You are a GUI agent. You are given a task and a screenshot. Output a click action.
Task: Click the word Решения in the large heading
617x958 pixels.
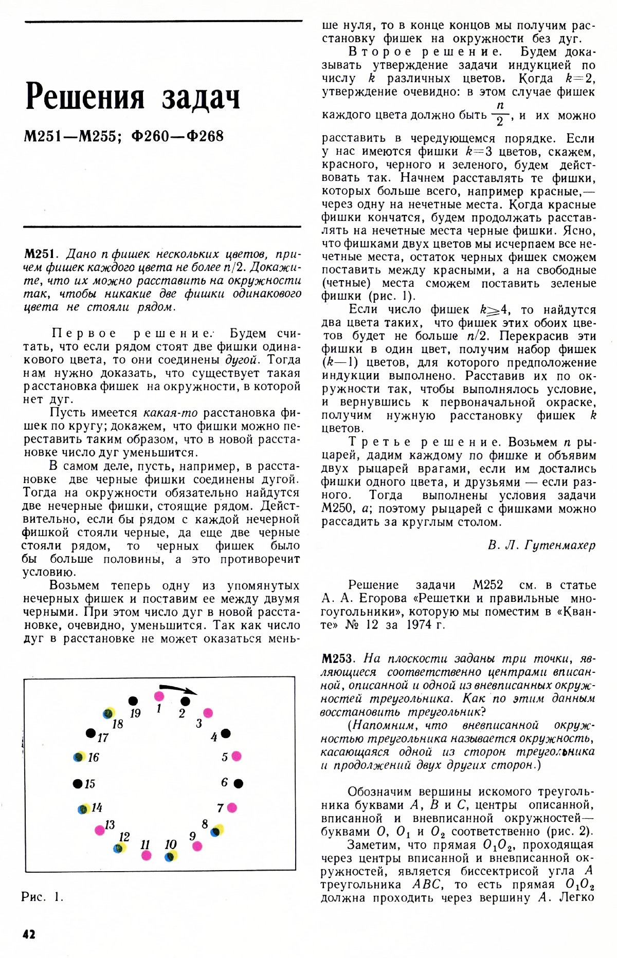(85, 97)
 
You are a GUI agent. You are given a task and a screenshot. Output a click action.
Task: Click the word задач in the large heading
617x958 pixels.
(201, 98)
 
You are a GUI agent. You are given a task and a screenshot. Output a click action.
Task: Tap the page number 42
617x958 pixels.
(29, 934)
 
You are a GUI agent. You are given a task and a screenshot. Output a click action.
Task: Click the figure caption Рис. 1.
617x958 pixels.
(42, 897)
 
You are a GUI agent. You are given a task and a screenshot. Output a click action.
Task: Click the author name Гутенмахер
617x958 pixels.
(560, 545)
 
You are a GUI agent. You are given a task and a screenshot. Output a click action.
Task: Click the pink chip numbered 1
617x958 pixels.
(159, 696)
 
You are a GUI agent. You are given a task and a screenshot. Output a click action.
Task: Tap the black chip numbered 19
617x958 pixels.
(133, 701)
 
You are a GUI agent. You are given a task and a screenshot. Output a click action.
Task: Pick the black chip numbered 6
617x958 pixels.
(239, 783)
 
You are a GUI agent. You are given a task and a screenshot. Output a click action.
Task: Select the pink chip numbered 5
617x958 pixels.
(237, 756)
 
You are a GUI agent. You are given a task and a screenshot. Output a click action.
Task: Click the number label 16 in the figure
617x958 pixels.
(93, 757)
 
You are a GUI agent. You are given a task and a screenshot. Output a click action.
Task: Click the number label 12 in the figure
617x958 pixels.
(124, 837)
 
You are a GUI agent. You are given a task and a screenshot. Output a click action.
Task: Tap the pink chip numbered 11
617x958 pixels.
(147, 855)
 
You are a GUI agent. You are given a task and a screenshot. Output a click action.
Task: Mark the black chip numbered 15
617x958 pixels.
(78, 784)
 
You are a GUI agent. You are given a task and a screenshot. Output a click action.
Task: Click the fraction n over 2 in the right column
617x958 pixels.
(500, 113)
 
